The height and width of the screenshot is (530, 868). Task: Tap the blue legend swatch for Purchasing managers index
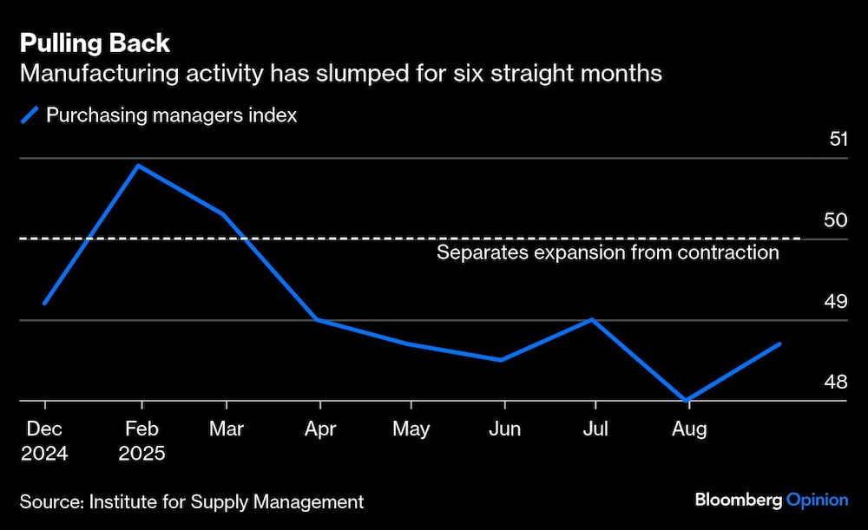(30, 115)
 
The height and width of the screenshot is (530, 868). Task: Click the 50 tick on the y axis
(835, 220)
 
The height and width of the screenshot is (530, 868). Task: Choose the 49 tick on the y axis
(835, 302)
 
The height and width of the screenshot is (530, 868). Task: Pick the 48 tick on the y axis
(835, 383)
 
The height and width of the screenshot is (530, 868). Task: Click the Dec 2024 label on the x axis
(44, 441)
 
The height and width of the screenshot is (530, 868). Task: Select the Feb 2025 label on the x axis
(141, 441)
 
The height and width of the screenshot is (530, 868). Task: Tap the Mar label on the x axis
(227, 429)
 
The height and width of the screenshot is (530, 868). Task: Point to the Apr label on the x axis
(320, 429)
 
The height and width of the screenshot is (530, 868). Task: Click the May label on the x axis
(411, 429)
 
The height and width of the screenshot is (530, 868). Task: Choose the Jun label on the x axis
(504, 429)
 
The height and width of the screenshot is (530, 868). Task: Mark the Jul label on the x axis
(595, 429)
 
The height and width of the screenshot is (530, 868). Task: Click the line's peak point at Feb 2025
(139, 165)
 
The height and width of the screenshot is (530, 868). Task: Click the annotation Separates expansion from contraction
(608, 253)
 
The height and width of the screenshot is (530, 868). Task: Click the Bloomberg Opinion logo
(771, 501)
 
